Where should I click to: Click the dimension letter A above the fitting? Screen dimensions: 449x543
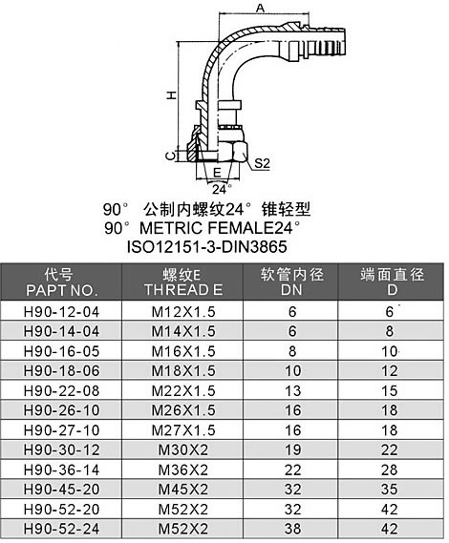[x=260, y=8]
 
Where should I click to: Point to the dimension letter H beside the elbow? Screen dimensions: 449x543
[x=171, y=95]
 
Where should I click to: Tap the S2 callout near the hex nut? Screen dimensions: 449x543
[x=262, y=163]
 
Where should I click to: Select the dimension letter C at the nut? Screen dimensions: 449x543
[x=170, y=157]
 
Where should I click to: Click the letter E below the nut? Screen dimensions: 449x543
[x=217, y=173]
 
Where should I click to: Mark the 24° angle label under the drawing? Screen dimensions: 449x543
[x=222, y=189]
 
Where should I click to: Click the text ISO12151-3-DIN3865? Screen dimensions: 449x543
[x=207, y=247]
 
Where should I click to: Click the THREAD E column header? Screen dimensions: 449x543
[x=183, y=290]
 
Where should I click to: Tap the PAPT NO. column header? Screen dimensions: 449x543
[x=60, y=290]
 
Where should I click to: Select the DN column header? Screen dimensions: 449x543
[x=291, y=290]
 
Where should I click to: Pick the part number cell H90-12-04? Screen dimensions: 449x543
[x=61, y=312]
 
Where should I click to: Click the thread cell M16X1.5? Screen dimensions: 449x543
[x=183, y=351]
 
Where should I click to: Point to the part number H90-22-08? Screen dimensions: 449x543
[x=61, y=391]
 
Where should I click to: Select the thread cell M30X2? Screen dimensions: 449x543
[x=183, y=450]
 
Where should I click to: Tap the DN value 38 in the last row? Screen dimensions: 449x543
[x=293, y=529]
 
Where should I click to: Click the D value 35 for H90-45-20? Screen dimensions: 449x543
[x=390, y=490]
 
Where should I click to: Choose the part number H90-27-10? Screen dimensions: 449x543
[x=61, y=430]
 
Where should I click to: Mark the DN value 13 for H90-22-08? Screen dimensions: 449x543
[x=293, y=391]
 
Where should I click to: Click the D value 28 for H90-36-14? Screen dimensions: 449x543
[x=390, y=470]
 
